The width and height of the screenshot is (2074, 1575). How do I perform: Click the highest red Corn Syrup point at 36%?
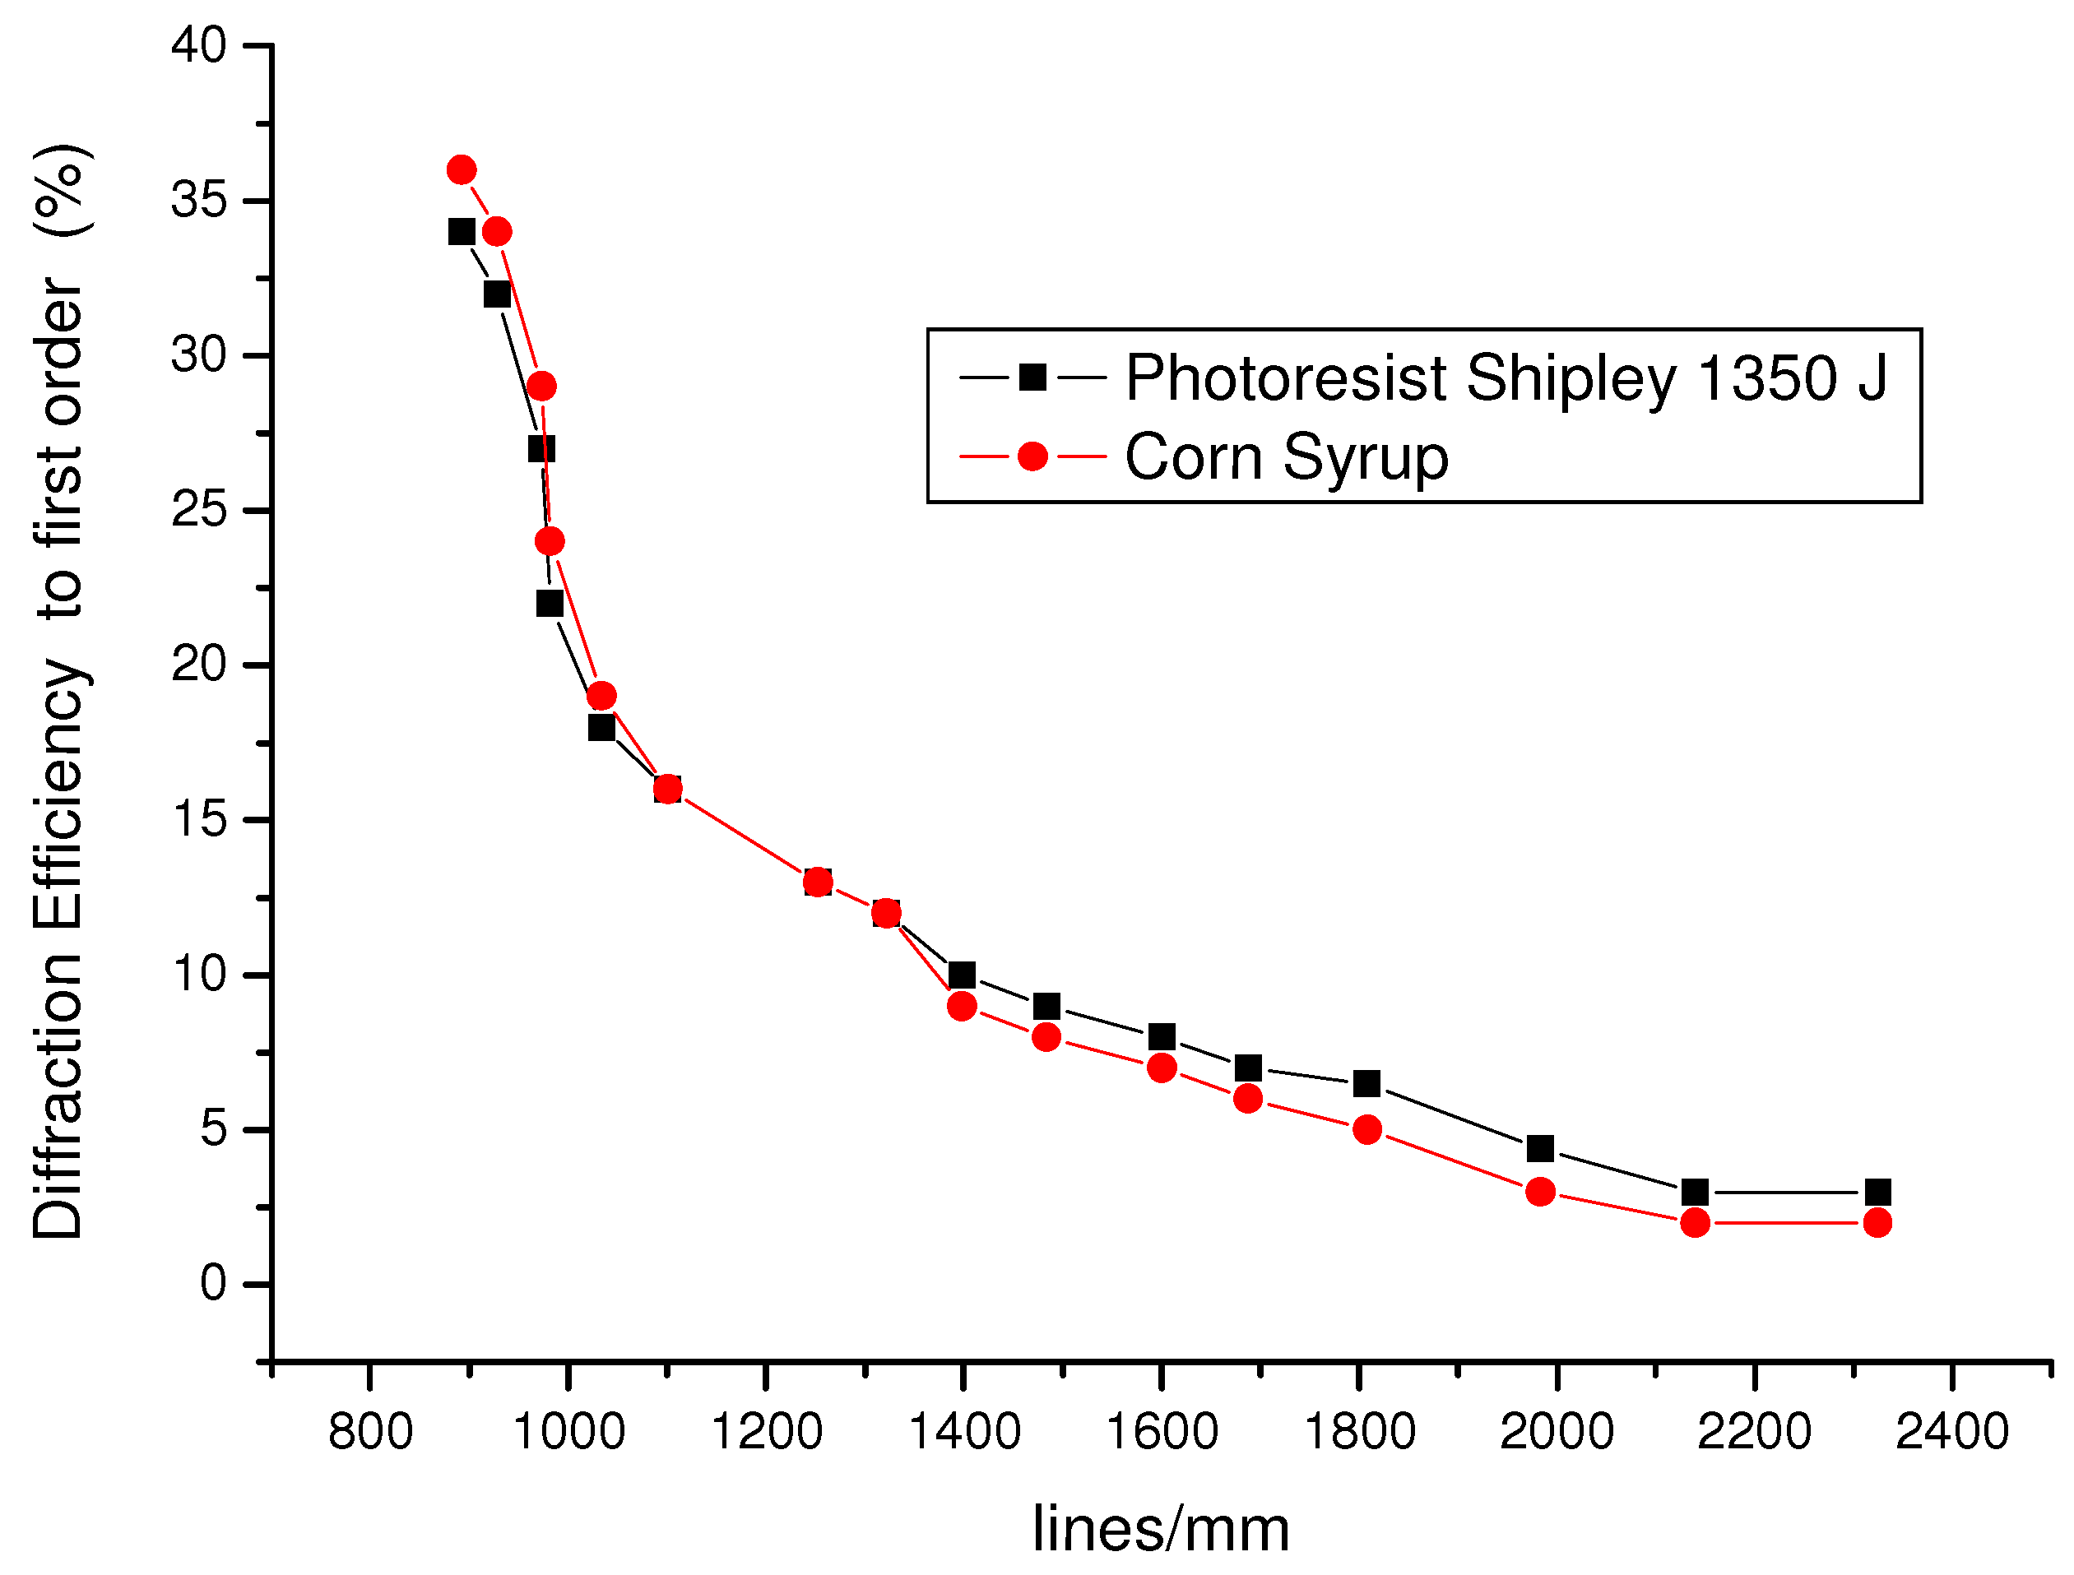462,170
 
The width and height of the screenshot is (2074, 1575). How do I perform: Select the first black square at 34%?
462,232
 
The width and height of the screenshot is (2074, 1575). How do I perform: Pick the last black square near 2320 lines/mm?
1877,1193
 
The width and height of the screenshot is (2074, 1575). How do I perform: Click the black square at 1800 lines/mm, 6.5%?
1367,1084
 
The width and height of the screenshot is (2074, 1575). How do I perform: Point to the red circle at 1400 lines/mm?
962,1007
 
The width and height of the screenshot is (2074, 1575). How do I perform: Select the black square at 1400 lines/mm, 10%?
962,975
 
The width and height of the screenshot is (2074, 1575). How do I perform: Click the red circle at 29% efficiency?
542,387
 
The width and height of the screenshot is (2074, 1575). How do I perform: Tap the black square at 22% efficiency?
550,604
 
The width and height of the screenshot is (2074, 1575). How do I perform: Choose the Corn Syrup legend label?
1287,457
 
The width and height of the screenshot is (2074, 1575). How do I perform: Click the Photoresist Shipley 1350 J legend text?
1506,379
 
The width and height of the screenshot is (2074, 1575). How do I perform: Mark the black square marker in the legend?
1032,378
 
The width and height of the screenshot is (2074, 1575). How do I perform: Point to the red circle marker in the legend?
1032,456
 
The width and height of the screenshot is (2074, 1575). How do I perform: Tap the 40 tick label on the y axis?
199,46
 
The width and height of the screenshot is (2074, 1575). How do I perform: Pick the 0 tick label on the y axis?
213,1283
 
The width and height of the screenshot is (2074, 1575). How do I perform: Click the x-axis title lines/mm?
1161,1529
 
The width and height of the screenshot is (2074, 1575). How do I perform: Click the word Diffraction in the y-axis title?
58,1097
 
